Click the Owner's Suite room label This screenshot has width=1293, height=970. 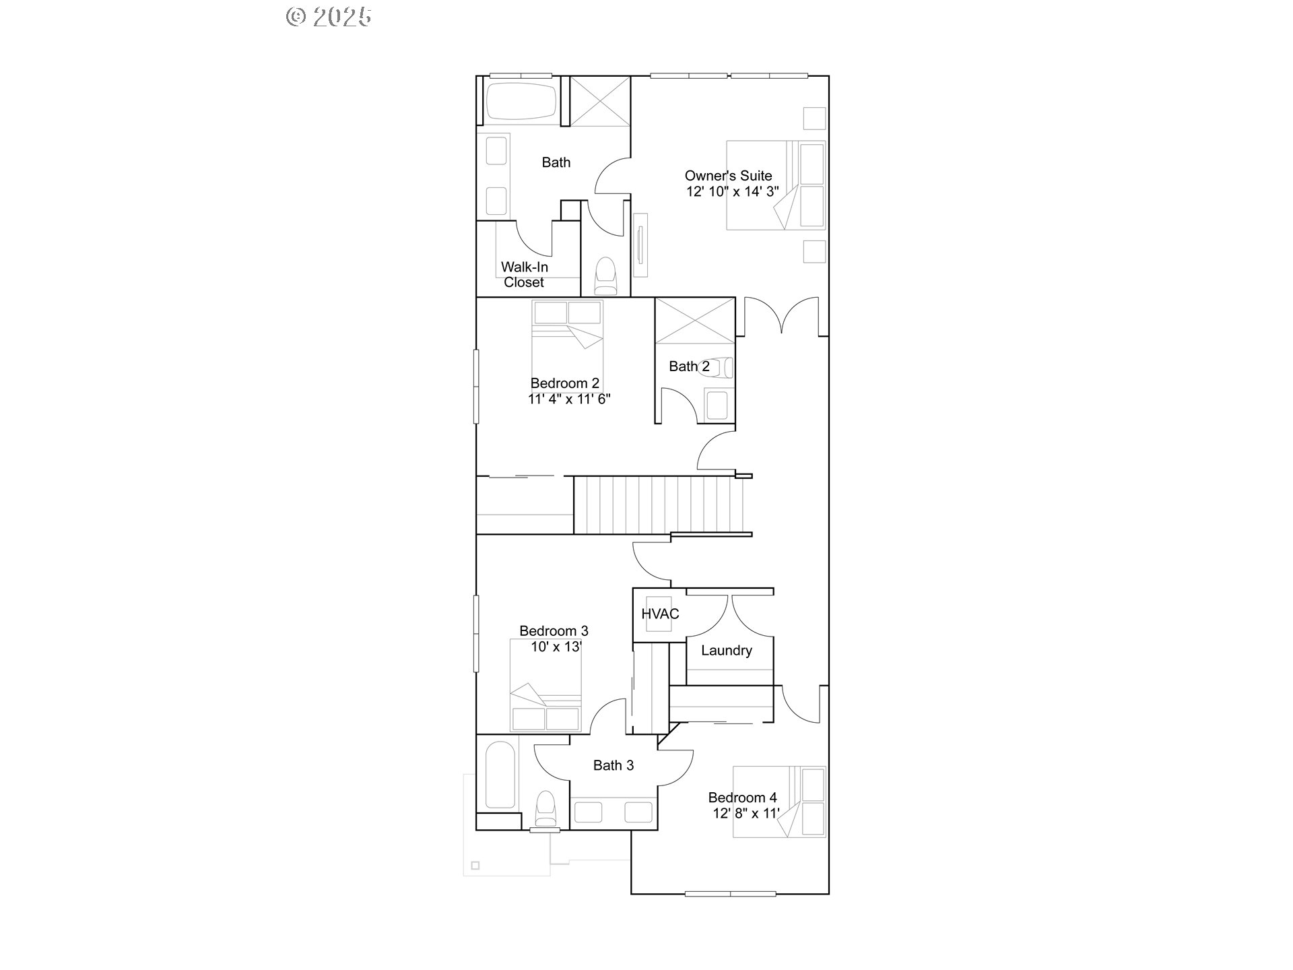[x=728, y=176]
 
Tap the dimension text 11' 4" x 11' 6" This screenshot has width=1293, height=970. [x=569, y=399]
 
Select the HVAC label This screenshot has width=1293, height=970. [x=660, y=614]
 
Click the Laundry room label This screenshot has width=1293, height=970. [x=726, y=650]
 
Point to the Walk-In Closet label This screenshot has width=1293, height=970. [x=524, y=274]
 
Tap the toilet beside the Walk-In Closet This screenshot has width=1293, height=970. [x=605, y=276]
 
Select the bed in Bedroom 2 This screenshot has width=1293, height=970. [x=567, y=344]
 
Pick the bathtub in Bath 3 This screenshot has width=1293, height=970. [x=500, y=775]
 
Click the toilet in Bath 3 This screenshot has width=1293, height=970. [x=545, y=808]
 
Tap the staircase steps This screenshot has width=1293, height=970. [x=657, y=505]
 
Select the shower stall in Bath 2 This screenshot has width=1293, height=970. [x=694, y=321]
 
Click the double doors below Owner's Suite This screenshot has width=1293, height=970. [x=781, y=317]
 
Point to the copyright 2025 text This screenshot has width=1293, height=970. [x=329, y=17]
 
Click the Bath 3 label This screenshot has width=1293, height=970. [x=613, y=765]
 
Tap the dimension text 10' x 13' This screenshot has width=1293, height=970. [x=556, y=647]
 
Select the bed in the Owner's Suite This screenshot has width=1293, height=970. [x=775, y=185]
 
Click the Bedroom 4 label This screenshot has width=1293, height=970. [x=742, y=798]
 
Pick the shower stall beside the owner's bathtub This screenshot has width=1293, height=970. [x=599, y=101]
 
